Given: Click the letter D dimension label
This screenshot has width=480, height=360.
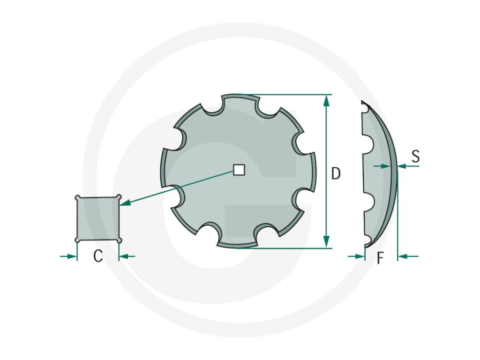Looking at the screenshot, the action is [336, 173].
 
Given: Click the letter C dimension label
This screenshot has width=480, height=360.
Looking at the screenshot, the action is [98, 256].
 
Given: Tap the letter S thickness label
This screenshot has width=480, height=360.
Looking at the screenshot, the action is [415, 156].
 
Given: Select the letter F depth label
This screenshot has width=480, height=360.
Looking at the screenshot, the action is [380, 258].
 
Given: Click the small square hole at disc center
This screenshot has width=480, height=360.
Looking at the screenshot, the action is [239, 170].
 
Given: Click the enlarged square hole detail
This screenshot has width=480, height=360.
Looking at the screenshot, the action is [98, 218].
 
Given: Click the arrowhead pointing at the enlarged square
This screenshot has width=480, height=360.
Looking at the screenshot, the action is [126, 202].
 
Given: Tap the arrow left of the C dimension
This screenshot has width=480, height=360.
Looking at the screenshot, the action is [68, 256].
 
